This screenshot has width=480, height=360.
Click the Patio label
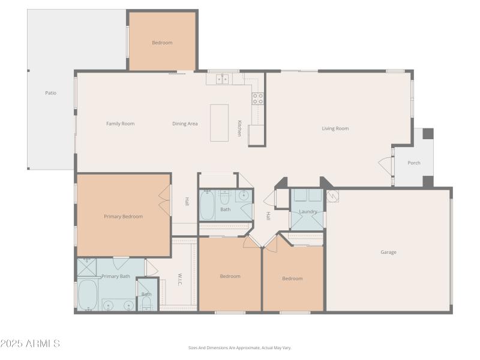(x=51, y=93)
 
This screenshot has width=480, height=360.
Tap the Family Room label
(x=120, y=124)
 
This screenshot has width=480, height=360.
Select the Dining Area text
(x=185, y=124)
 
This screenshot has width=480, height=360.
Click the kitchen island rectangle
(x=219, y=123)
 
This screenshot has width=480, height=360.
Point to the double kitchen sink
(x=222, y=79)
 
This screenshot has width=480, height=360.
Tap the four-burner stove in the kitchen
(x=257, y=98)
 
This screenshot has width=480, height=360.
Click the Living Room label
(x=335, y=128)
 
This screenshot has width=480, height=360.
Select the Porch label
(x=414, y=163)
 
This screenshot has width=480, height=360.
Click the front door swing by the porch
(x=385, y=164)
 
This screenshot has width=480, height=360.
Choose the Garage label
(x=388, y=252)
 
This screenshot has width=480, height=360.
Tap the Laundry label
(x=308, y=212)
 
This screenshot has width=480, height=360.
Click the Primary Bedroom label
(x=123, y=216)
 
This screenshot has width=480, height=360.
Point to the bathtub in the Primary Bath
(x=88, y=294)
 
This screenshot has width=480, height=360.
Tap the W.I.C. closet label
(x=179, y=280)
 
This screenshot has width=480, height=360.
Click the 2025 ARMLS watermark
(x=30, y=344)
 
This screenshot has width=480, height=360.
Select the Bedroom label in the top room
(x=162, y=43)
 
